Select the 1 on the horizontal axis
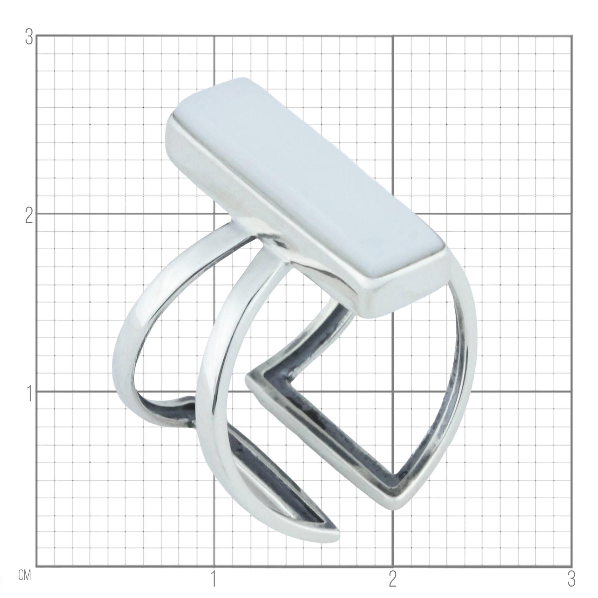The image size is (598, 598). [x=213, y=579]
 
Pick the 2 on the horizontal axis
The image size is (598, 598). [x=393, y=579]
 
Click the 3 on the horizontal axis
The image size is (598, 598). [x=571, y=579]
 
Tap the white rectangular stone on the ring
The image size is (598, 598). [x=306, y=173]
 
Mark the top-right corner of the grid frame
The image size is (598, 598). [x=572, y=36]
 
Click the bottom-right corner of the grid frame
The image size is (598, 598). [x=572, y=567]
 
